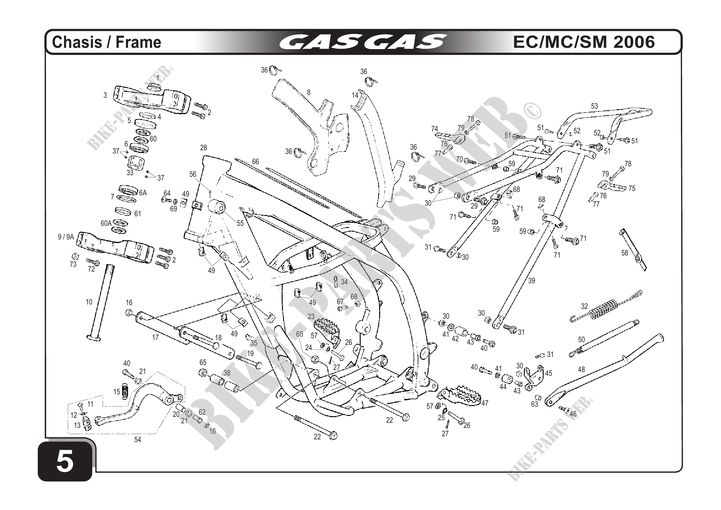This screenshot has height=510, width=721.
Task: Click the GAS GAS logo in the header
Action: (363, 42)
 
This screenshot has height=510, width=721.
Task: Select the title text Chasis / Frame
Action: (106, 42)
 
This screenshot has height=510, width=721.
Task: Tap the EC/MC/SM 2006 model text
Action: (584, 42)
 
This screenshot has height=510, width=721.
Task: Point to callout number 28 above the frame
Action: (204, 147)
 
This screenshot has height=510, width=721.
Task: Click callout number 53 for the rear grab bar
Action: (595, 106)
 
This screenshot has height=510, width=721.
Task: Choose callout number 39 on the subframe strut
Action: (531, 280)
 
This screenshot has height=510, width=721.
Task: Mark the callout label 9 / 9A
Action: (66, 237)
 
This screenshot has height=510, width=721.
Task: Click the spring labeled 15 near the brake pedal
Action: (125, 391)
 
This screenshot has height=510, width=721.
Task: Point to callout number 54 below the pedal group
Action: (138, 440)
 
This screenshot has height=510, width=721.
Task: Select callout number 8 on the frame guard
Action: (309, 92)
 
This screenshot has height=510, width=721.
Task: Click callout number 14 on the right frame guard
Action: (355, 95)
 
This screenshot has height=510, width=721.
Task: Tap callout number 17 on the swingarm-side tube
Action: (155, 338)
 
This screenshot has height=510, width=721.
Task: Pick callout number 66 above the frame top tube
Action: (255, 161)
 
